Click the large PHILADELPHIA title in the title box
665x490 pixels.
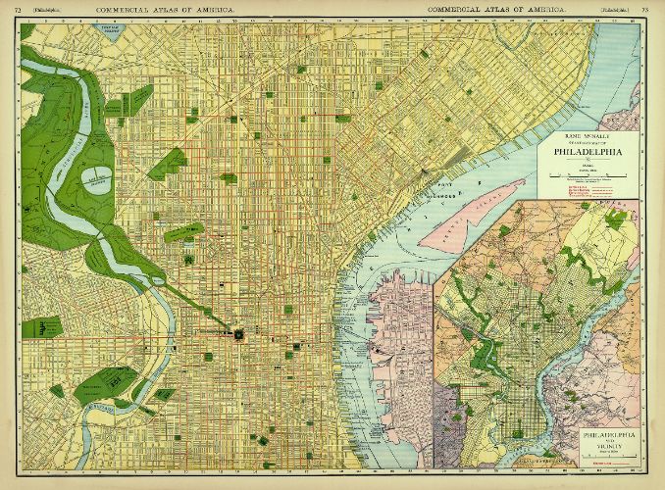click(588, 153)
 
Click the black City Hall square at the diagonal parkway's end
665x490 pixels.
click(237, 334)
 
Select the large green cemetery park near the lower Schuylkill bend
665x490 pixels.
click(104, 383)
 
